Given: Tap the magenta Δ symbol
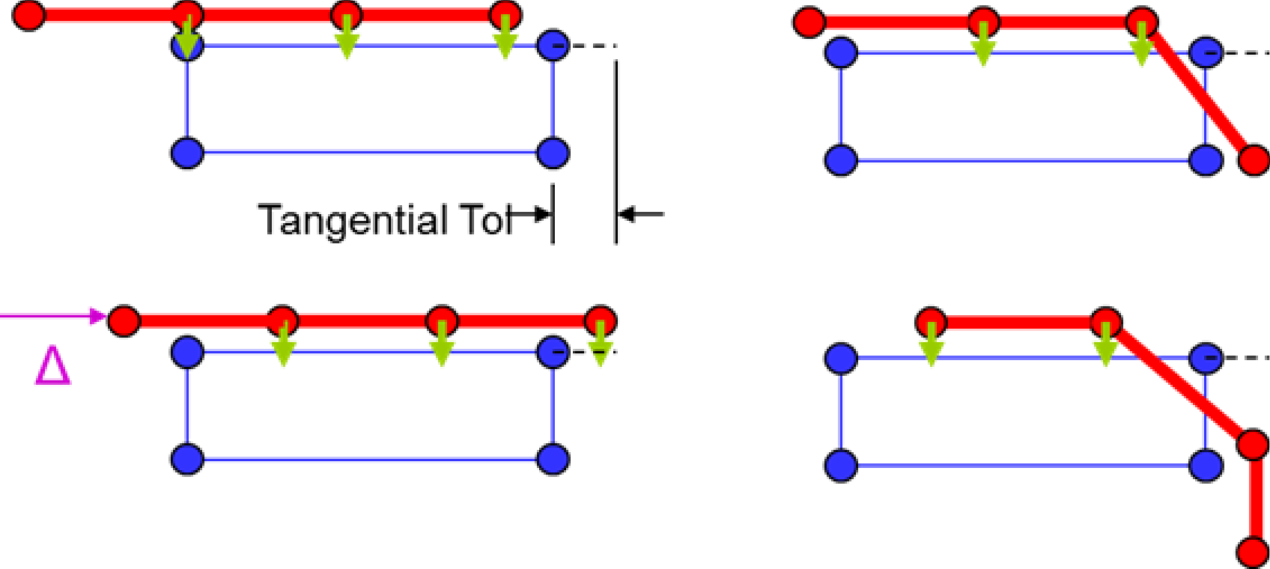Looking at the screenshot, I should coord(53,365).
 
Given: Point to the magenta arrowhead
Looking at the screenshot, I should coord(97,316).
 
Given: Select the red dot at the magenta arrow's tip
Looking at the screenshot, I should coord(124,321).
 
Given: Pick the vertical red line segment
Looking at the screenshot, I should coord(1252,499).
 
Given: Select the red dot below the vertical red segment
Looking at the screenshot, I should coord(1252,553).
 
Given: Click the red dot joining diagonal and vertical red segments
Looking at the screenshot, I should coord(1252,445).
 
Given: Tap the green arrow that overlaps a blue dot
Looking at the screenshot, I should coord(187,37).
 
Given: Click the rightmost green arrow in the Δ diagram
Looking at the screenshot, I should coord(600,344).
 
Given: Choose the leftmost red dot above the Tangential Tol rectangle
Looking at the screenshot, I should coord(29,15).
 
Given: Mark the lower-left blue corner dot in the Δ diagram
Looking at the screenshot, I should coord(187,459).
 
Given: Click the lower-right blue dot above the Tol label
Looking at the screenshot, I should coord(553,153).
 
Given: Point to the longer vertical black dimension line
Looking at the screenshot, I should coord(616,150).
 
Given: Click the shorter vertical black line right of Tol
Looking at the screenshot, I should coord(553,214).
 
